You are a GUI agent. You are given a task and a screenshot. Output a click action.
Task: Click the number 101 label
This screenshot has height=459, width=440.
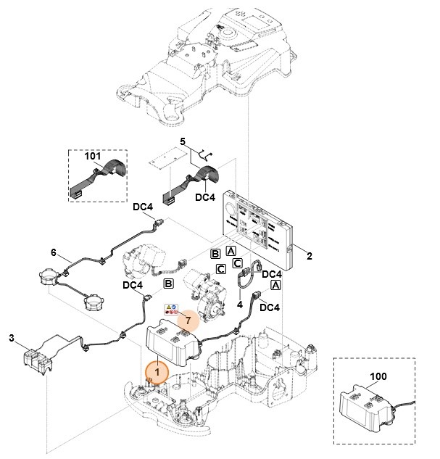click(x=93, y=156)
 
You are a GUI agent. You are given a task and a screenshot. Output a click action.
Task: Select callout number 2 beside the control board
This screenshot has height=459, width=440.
click(x=309, y=257)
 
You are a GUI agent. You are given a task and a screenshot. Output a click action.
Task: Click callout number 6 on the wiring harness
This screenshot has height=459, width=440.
click(x=53, y=252)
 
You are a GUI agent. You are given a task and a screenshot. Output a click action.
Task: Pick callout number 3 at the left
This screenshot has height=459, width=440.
click(x=11, y=337)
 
